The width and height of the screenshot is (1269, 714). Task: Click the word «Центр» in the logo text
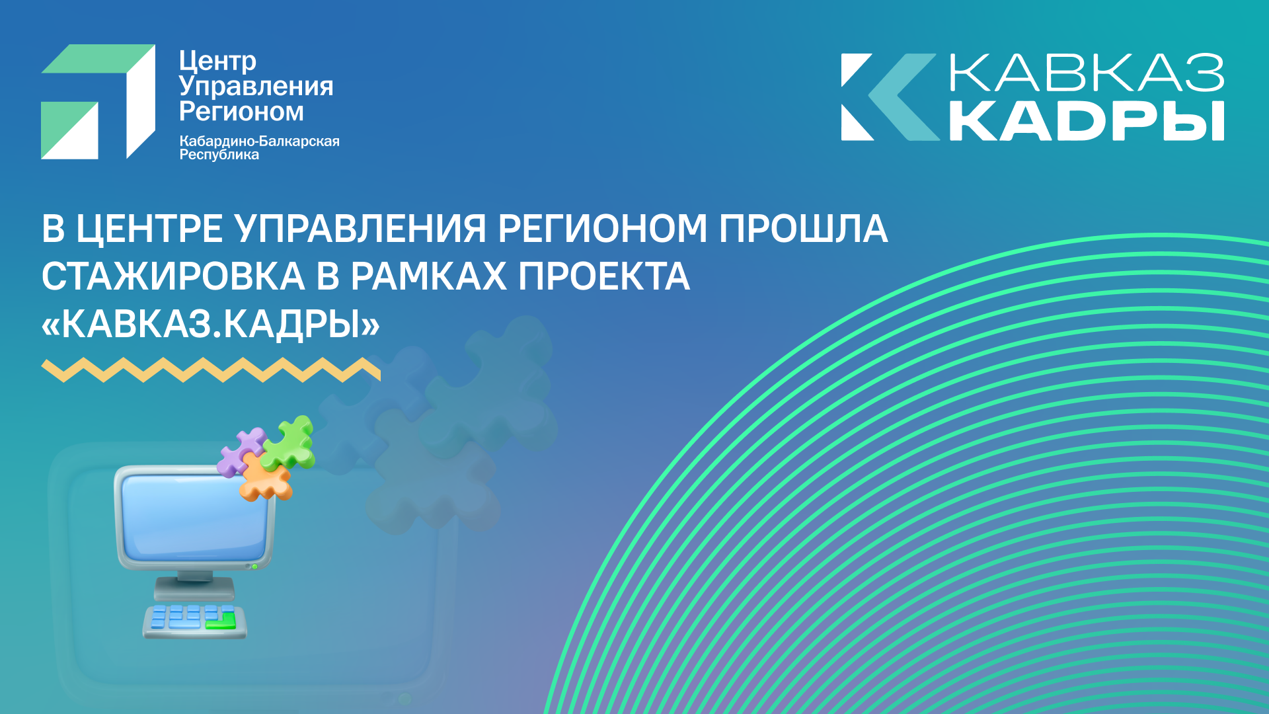coord(217,61)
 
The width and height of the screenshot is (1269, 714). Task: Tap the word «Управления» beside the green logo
coord(256,87)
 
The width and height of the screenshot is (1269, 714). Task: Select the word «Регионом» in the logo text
coord(241,112)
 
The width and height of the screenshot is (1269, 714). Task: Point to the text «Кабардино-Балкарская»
coord(259,141)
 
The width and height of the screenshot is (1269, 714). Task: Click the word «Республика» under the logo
coord(219,155)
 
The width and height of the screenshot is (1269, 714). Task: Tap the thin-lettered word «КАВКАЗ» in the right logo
coord(1087,73)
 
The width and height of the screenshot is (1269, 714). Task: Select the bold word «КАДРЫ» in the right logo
coord(1087,121)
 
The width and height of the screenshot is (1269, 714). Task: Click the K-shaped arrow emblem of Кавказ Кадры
coord(890,97)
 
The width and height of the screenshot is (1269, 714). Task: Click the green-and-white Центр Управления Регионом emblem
coord(98,101)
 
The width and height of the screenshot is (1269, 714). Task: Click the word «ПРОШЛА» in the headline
coord(803,229)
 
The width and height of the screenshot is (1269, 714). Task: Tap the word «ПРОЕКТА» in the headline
coord(604,276)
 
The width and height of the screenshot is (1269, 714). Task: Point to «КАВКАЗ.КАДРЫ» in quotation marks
coord(211,324)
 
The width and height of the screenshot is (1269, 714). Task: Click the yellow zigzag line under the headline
coord(211,370)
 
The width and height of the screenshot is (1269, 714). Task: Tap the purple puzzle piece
coord(239,452)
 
